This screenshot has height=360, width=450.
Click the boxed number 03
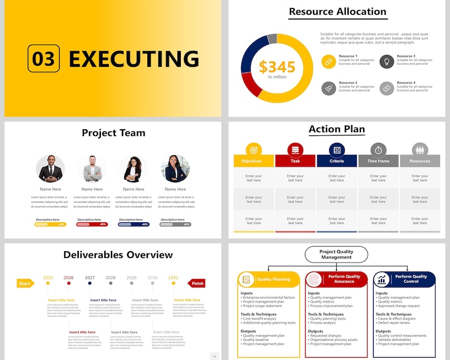click(x=43, y=59)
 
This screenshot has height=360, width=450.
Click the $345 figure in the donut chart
click(x=277, y=67)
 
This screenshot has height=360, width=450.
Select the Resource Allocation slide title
click(x=337, y=11)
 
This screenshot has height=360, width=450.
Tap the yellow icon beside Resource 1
click(x=329, y=61)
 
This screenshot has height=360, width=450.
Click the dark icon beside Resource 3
click(x=387, y=61)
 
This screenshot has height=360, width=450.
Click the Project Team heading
click(x=113, y=133)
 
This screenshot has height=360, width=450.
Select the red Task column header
click(x=295, y=161)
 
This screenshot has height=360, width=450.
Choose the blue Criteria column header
click(x=337, y=161)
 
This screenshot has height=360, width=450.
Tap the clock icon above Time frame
click(x=378, y=150)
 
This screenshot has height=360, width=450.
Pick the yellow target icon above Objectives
click(x=253, y=150)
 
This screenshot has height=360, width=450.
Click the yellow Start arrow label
click(x=25, y=283)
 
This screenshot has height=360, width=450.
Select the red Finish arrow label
click(x=197, y=283)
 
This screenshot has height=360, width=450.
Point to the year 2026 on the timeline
click(x=69, y=278)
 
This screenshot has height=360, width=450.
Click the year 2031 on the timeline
click(x=173, y=278)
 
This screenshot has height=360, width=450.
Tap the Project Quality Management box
click(x=336, y=255)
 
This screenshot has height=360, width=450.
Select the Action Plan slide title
click(x=337, y=129)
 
